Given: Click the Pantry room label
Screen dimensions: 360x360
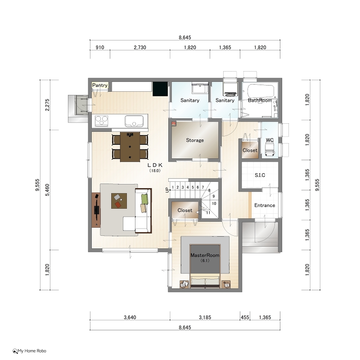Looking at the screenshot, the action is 99,85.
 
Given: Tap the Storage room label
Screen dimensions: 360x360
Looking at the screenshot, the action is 195,140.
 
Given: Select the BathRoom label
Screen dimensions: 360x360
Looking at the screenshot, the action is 260,100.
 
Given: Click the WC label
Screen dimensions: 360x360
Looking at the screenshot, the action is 270,140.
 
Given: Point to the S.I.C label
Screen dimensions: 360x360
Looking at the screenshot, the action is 260,175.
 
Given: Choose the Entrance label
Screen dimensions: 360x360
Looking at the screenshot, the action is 265,205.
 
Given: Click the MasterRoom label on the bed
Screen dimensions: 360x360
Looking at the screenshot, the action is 205,255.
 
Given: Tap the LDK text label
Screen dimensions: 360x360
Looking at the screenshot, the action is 155,165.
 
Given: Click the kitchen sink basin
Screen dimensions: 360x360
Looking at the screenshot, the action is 134,121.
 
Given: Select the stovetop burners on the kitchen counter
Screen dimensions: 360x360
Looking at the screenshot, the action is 102,121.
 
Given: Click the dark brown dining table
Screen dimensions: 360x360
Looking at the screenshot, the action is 130,147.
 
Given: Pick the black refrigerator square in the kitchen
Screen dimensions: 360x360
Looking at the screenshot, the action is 160,89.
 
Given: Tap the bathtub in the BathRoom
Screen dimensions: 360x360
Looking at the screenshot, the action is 261,91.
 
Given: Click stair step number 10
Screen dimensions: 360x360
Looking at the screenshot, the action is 214,203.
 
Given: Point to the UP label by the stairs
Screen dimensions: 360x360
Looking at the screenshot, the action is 167,190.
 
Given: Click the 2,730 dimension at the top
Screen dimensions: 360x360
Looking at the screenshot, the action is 140,47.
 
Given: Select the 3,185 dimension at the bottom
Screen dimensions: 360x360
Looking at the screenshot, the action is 205,317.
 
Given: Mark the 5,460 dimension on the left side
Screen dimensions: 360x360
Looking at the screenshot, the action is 47,190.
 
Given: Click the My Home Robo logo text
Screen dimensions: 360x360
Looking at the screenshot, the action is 31,351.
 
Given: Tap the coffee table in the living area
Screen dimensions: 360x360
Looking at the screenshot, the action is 119,201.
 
